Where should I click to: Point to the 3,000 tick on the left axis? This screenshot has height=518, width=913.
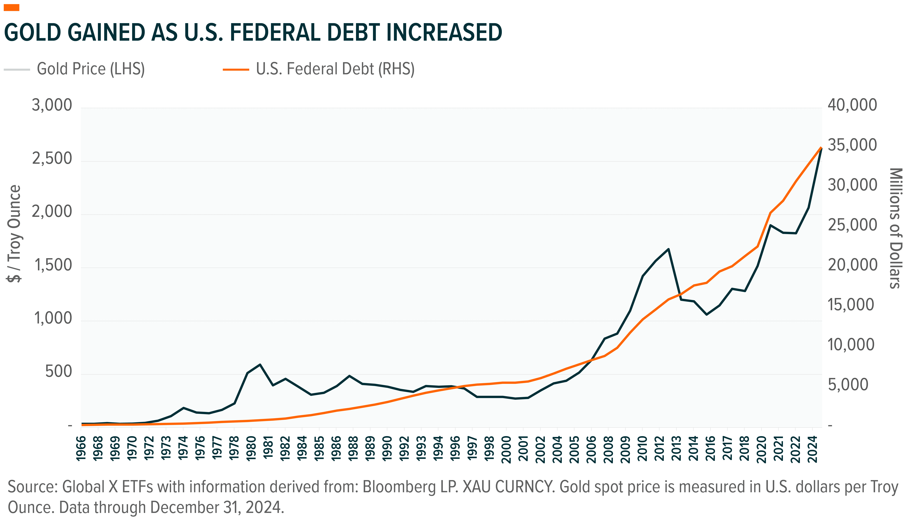coord(52,105)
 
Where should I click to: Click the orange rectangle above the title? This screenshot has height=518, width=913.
coord(11,8)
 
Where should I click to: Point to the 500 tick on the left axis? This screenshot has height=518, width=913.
coord(59,371)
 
